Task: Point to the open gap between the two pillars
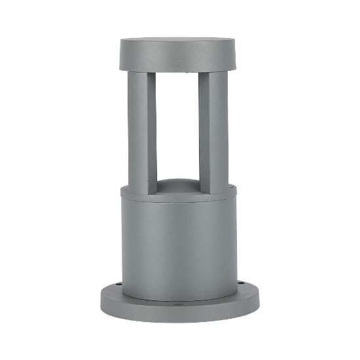click(x=177, y=124)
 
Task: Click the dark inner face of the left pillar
click(x=152, y=131)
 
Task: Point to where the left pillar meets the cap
click(x=141, y=72)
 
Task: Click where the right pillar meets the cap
click(x=214, y=72)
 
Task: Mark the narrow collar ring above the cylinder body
click(x=177, y=194)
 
